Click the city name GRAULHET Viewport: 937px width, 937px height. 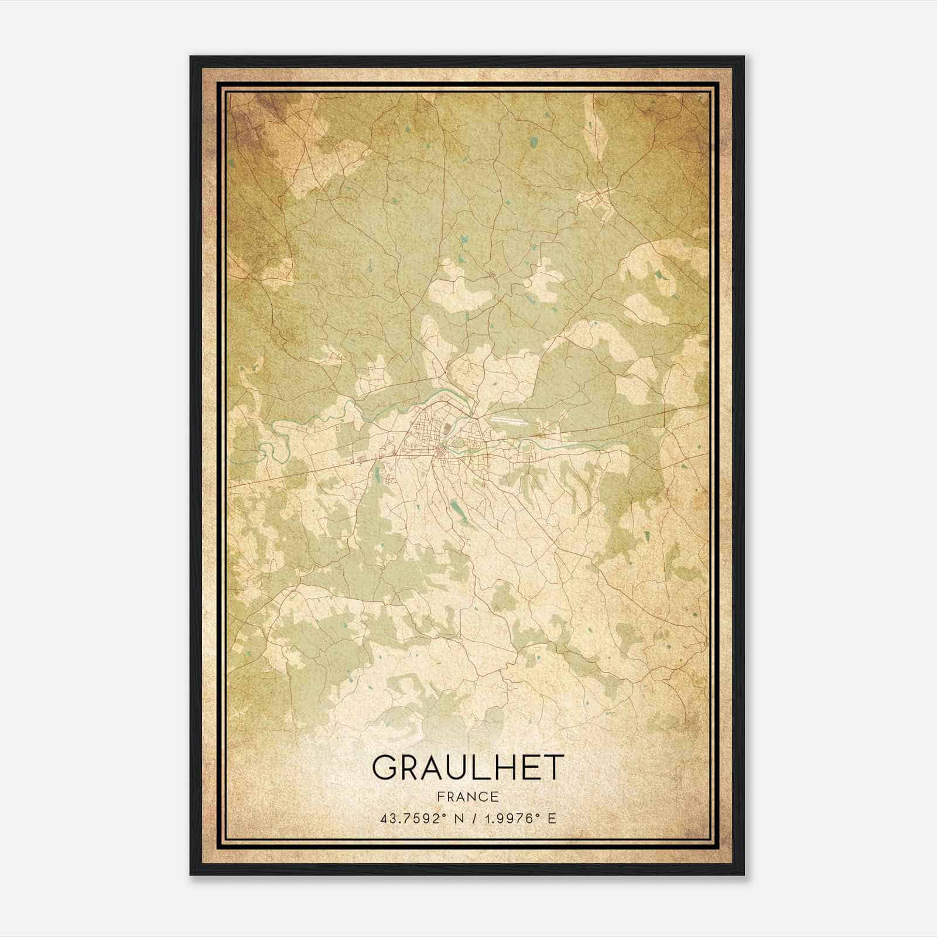(467, 768)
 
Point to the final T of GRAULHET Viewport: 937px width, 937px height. (553, 768)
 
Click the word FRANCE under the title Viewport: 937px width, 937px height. (467, 796)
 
